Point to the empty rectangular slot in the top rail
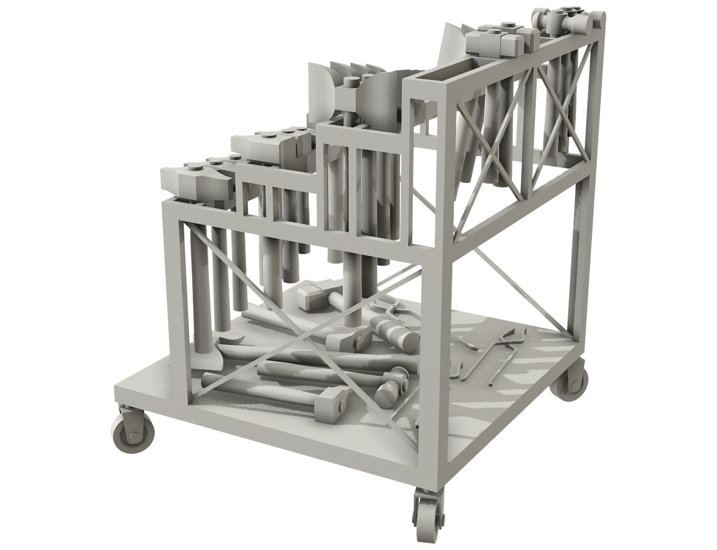441,75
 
